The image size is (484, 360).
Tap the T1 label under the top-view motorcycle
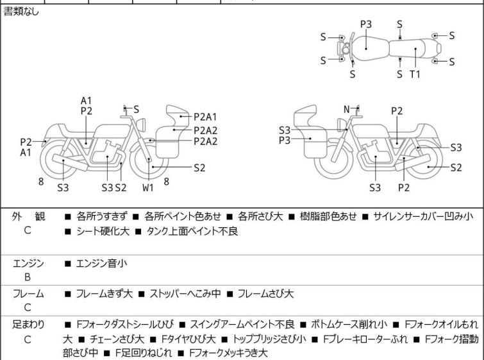[415, 74]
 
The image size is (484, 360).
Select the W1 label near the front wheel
[148, 187]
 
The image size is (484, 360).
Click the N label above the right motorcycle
[347, 109]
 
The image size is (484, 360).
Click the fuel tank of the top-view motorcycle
[366, 45]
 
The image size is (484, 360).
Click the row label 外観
[29, 217]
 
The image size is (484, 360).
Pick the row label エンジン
[29, 263]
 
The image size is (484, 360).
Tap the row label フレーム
[29, 294]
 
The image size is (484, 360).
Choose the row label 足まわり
[29, 325]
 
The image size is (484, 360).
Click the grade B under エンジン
[28, 278]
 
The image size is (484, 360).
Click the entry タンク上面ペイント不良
[186, 232]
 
